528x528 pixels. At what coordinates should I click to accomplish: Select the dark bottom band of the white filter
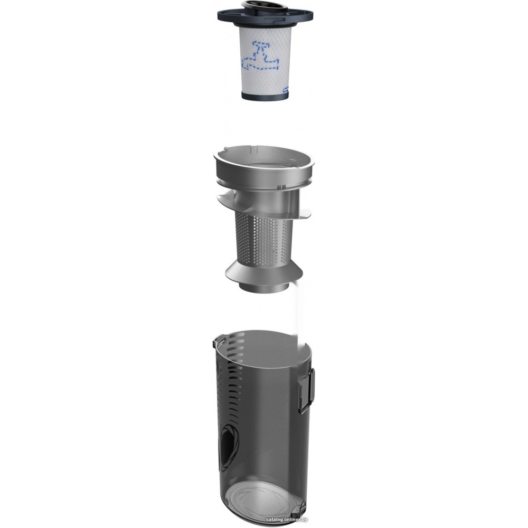coord(265,95)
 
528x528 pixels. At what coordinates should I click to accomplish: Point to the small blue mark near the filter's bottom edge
coord(285,90)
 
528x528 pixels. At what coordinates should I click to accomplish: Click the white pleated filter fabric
coord(265,61)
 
